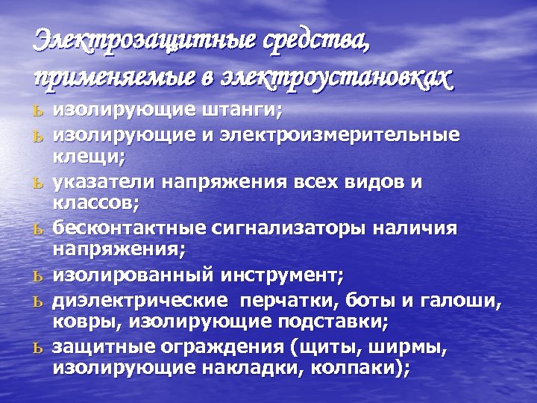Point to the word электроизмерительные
(x=359, y=136)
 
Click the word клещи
(x=87, y=157)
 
